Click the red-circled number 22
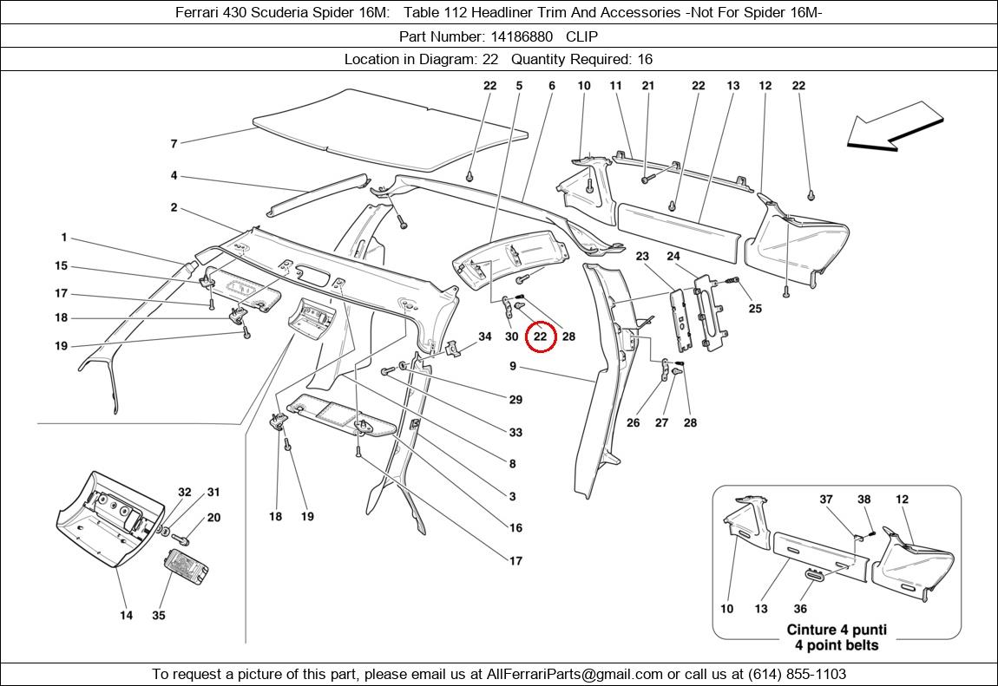(x=540, y=336)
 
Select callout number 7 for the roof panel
(x=174, y=144)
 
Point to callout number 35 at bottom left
(x=158, y=616)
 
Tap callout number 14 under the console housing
(x=126, y=616)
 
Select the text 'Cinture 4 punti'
(x=837, y=630)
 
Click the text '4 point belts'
(x=837, y=645)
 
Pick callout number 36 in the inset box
(x=800, y=609)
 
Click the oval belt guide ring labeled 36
(x=815, y=575)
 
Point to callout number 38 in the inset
(x=863, y=500)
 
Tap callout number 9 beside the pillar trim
(x=513, y=367)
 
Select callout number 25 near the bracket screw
(x=755, y=309)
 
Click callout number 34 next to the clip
(x=485, y=336)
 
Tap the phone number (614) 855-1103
(x=791, y=674)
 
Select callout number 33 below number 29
(x=515, y=432)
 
